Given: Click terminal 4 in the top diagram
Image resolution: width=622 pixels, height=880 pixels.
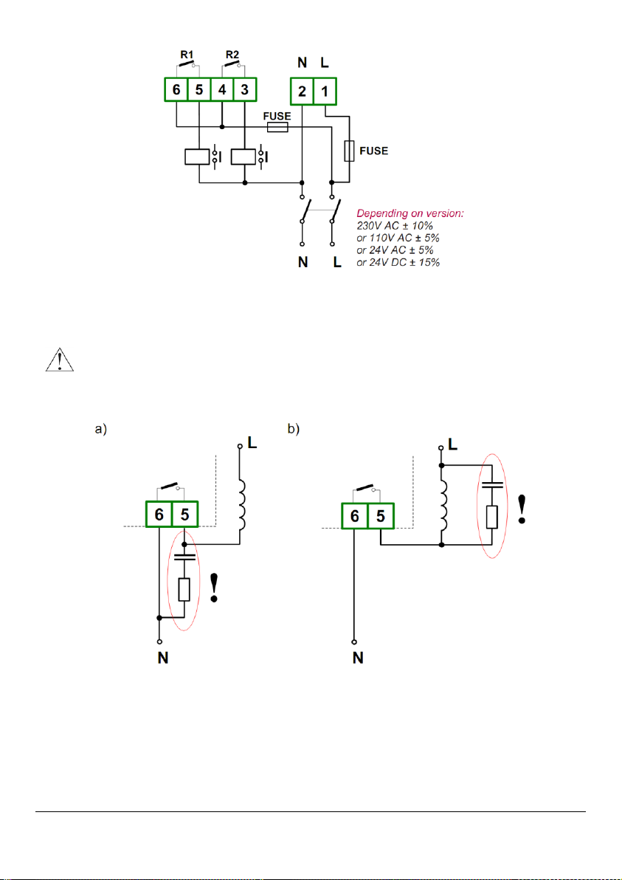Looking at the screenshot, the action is pos(222,90).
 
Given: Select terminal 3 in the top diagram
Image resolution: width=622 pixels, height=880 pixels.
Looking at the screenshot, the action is pos(244,90).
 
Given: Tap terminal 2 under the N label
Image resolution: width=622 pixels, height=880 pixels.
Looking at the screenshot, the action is pos(303,92).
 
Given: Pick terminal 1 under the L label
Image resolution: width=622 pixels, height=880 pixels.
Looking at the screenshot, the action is pos(325,92).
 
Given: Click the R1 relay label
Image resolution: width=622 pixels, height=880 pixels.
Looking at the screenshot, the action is pos(187,55).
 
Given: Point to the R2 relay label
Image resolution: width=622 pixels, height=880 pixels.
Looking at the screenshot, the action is pos(232,55).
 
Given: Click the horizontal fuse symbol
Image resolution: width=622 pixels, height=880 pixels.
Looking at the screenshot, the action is pos(277,128).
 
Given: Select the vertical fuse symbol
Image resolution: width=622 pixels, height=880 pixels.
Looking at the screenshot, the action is pos(349,151).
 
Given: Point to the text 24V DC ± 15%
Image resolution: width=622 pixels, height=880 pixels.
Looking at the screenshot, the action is pos(398,262).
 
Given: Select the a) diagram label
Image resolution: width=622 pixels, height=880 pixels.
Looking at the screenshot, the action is pos(100,430).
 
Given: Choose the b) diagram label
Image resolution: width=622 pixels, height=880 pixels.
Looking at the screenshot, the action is pos(294,430).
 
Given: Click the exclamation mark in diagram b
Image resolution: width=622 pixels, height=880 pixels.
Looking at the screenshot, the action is pos(522,509).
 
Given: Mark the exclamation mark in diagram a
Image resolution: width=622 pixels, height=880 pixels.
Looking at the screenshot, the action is pos(214,588).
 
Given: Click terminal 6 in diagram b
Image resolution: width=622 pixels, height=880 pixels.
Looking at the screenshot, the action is pos(354,515).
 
